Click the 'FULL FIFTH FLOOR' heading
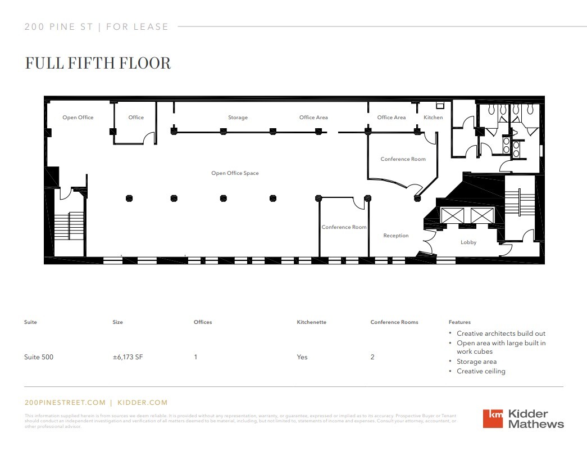coord(98,63)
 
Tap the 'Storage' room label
coord(238,118)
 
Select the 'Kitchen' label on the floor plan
coord(433,118)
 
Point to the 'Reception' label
coord(396,236)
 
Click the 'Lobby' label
coord(468,242)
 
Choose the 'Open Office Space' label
coord(235,173)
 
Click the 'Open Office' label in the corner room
coord(78,118)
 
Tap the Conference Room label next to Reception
coord(344,227)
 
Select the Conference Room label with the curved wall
coord(403,159)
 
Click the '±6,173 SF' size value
coord(128,357)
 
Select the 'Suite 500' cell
coord(39,357)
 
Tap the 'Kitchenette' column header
coord(311,322)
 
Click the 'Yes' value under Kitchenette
coord(302,357)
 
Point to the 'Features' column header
coord(459,322)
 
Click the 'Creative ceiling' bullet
coord(481,371)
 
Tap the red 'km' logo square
coord(493,418)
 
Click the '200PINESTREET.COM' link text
coord(65,403)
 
